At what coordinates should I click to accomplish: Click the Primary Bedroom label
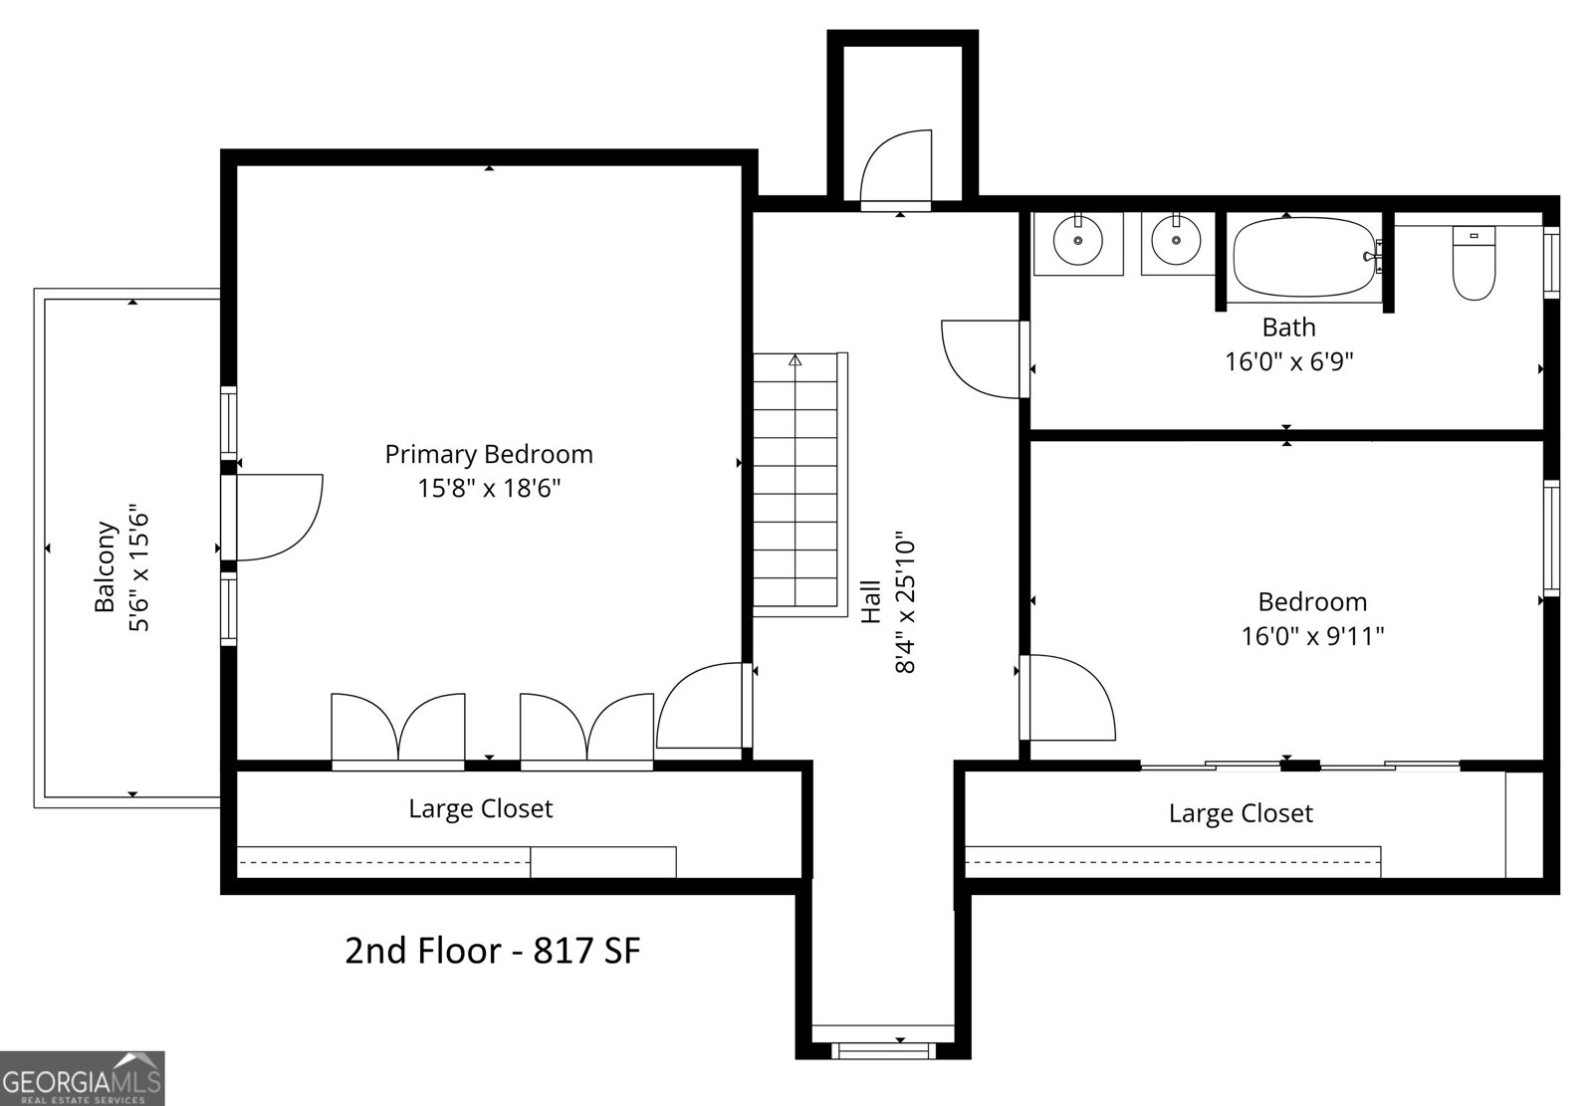coord(489,455)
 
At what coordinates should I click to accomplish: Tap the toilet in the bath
coord(1474,264)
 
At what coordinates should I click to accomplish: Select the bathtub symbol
coord(1305,258)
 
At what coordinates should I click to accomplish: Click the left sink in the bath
coord(1077,241)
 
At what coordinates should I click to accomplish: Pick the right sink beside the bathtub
coord(1176,241)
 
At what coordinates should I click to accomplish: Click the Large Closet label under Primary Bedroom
coord(480,808)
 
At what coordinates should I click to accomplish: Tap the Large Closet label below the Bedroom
coord(1241,813)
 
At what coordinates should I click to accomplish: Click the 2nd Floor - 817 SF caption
coord(492,951)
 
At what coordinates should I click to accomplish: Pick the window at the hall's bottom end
coord(882,1050)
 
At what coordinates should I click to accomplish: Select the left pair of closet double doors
coord(398,729)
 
